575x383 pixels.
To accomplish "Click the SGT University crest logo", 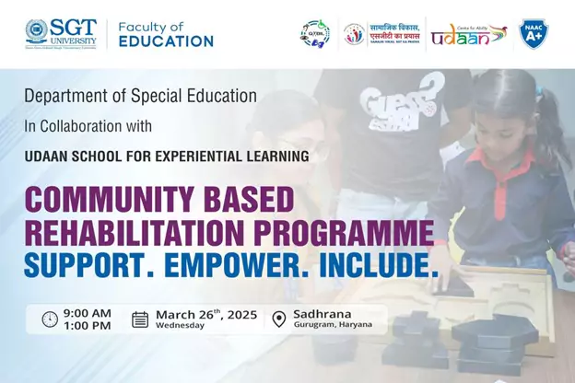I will (37, 33).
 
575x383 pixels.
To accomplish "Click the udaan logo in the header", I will (468, 34).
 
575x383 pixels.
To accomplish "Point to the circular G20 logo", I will (315, 34).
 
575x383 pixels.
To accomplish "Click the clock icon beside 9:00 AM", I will (50, 319).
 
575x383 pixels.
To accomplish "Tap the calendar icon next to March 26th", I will (140, 319).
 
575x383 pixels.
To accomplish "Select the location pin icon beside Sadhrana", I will (279, 319).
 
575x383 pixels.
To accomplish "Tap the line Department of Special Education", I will (141, 96).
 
